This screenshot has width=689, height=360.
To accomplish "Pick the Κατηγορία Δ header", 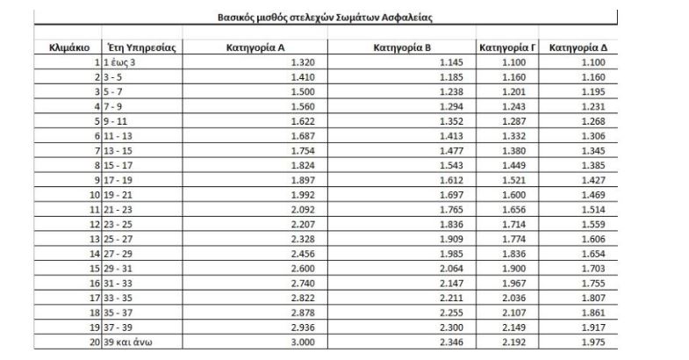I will coord(578,47).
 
